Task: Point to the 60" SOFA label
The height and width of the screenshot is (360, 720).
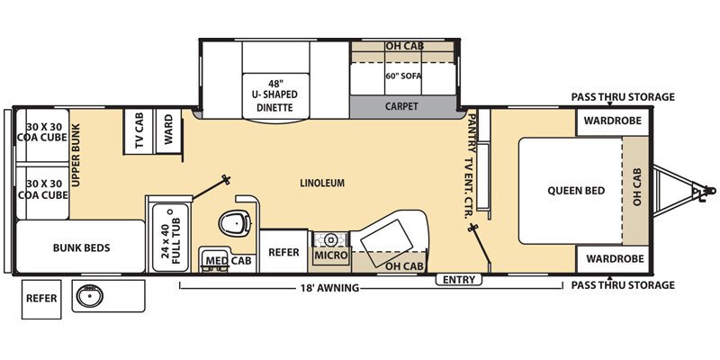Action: tap(404, 76)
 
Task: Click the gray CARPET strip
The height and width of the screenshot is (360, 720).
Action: tap(402, 105)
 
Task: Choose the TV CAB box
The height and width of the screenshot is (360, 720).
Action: tap(139, 132)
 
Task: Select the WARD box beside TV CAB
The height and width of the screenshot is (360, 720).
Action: tap(168, 131)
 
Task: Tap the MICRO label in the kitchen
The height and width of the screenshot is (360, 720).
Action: tap(330, 256)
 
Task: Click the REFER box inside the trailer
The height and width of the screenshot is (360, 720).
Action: tap(283, 252)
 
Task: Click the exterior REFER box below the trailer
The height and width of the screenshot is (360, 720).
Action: tap(41, 298)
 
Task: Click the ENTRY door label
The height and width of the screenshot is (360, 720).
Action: tap(458, 280)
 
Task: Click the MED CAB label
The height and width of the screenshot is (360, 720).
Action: tap(229, 261)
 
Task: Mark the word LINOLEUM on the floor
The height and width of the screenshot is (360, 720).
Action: tap(322, 183)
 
